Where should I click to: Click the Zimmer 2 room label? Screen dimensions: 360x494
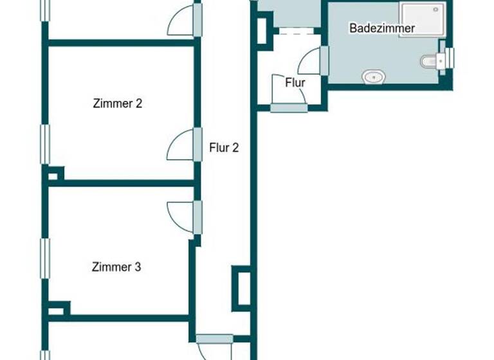117,103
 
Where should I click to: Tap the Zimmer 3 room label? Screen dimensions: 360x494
116,267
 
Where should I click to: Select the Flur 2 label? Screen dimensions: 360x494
224,148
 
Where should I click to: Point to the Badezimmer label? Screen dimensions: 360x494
381,28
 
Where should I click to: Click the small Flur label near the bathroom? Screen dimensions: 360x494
295,82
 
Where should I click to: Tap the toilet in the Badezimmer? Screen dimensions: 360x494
430,61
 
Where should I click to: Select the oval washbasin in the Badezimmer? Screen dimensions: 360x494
373,77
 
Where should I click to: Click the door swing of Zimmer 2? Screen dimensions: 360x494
181,146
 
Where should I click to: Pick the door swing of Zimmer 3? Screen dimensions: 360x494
181,215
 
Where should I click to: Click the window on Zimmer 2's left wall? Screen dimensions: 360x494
44,143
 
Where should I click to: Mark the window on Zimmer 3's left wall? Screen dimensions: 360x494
44,258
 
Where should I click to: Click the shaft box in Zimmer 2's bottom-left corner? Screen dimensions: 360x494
55,174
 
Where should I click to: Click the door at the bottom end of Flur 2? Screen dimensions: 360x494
214,347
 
